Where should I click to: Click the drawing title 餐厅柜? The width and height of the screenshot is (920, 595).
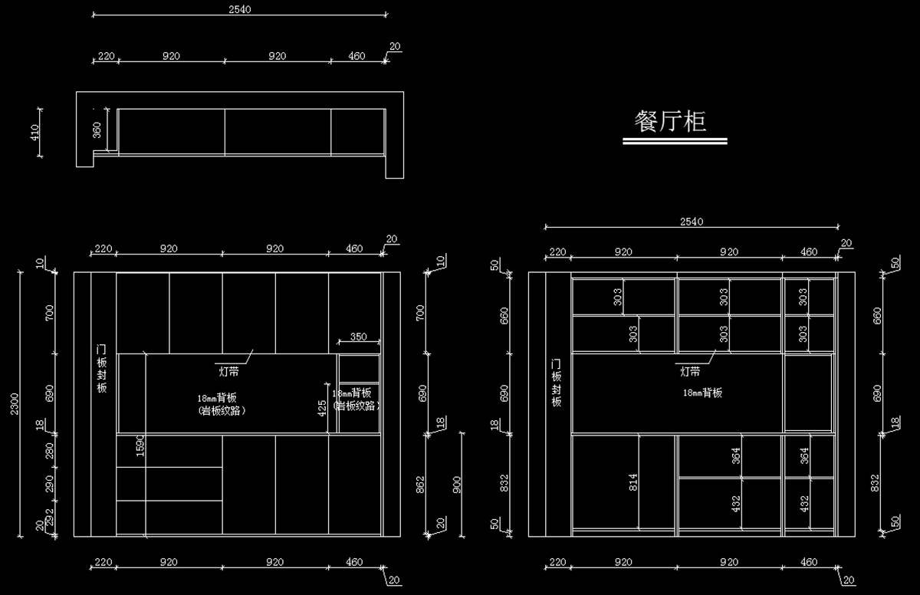coord(670,121)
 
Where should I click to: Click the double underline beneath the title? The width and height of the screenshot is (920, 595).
coord(675,142)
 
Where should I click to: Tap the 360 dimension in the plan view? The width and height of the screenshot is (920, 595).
coord(97,130)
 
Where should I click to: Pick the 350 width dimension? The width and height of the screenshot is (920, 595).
coord(358,337)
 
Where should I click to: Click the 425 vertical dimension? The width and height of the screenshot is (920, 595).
coord(323,406)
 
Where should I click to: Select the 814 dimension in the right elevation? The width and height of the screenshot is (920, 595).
coord(633,482)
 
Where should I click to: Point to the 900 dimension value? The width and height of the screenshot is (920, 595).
coord(458,484)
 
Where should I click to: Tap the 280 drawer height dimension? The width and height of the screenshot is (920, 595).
coord(50,451)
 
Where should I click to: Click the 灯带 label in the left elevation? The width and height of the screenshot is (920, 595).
coord(228,371)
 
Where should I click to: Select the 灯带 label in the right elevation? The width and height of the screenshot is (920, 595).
coord(690,372)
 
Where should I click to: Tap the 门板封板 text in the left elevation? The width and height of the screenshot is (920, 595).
coord(101,368)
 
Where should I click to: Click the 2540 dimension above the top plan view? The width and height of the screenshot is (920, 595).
coord(239,9)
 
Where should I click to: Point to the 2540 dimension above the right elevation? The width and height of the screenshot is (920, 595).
coord(692,222)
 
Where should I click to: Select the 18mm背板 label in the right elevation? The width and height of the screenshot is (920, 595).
coord(703,393)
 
